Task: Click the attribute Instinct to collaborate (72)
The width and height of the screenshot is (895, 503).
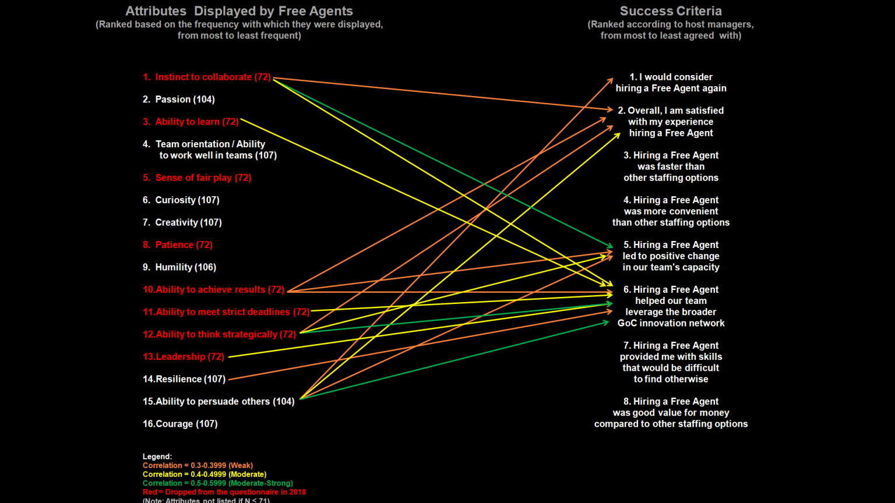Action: coord(207,77)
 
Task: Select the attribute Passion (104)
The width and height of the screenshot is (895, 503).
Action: coord(179,100)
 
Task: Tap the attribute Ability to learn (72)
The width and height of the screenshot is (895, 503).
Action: coord(191,122)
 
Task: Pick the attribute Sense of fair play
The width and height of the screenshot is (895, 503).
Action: coord(197,178)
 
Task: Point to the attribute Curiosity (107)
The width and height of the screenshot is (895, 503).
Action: coord(181,200)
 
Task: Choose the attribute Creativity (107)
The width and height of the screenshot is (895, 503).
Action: coord(182,222)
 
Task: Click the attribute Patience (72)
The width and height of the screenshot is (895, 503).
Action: coord(178,245)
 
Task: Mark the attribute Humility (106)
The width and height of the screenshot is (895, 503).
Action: coord(179,267)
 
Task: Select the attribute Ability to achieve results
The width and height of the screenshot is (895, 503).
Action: coord(214,290)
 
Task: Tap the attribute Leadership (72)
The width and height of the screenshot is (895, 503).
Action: coord(184,357)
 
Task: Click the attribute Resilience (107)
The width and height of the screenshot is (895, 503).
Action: coord(184,379)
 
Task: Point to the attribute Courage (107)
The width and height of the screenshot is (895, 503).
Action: coord(180,424)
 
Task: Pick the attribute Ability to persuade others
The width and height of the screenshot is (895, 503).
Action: coord(219,402)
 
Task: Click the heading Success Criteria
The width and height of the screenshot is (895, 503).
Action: coord(671,11)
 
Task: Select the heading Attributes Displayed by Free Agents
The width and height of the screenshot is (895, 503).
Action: coord(239,11)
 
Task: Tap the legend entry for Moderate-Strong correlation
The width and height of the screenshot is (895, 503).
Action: coord(218,483)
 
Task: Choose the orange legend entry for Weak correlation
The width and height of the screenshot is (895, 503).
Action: coord(198,466)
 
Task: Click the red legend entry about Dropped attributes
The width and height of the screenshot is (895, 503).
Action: coord(224,492)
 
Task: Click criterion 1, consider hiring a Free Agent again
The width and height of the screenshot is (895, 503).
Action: coord(671,83)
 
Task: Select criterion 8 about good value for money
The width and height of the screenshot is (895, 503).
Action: coord(671,413)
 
